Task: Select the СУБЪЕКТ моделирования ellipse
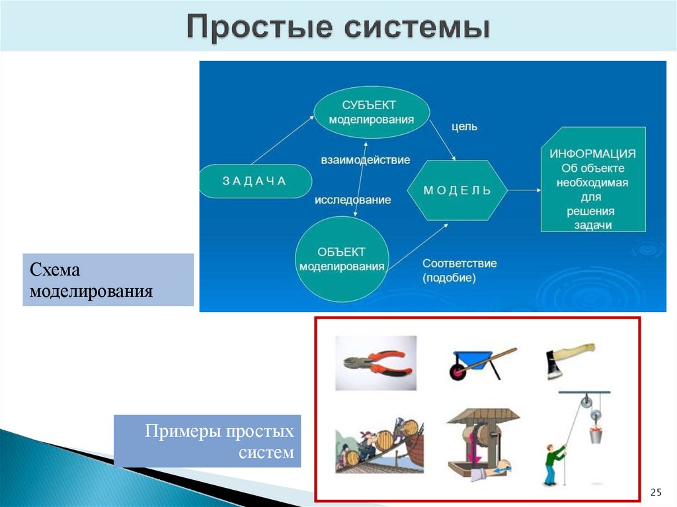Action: click(371, 112)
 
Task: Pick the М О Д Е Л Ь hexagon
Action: click(458, 190)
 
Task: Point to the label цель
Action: click(464, 126)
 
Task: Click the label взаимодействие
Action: click(366, 160)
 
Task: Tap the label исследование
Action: click(352, 200)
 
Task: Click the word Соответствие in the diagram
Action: click(459, 263)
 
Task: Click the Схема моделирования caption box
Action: click(108, 280)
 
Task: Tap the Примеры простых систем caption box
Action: click(207, 441)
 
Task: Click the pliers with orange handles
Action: click(374, 362)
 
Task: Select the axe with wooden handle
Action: click(570, 360)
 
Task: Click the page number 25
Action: click(656, 492)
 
